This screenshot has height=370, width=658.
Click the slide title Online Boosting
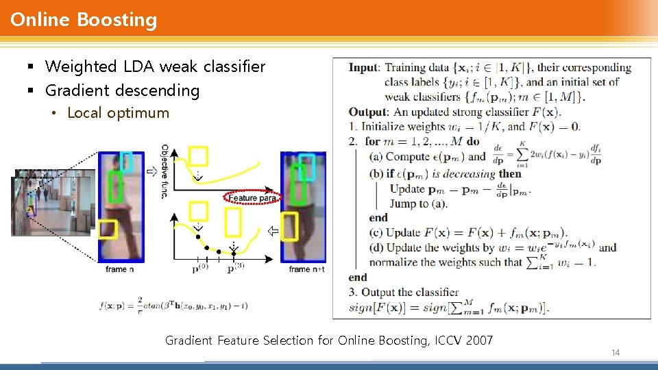[x=84, y=20]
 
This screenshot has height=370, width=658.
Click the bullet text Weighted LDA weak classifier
[x=155, y=66]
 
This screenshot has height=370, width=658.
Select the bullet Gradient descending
[x=122, y=90]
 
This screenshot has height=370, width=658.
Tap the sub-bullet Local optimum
[x=118, y=113]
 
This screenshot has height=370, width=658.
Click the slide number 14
[x=615, y=352]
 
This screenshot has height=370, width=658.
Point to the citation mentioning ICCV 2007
[x=329, y=340]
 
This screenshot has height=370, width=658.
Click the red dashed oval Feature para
[x=252, y=198]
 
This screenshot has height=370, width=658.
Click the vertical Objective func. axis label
[x=164, y=171]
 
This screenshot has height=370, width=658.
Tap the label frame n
[x=120, y=269]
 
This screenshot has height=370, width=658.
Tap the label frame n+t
[x=306, y=269]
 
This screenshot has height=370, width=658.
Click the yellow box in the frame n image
[x=108, y=229]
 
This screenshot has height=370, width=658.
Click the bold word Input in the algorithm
[x=363, y=67]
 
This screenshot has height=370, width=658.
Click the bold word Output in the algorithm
[x=367, y=112]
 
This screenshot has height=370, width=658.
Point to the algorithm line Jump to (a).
[x=419, y=203]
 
